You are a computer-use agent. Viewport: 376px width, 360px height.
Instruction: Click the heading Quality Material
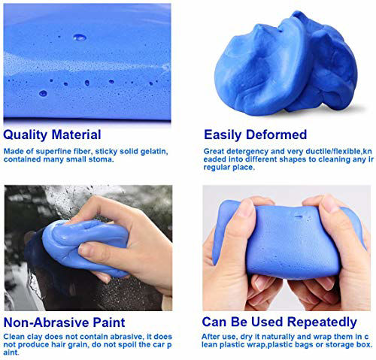[x=52, y=135]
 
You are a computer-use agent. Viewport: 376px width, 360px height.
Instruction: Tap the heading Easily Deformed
[x=255, y=135]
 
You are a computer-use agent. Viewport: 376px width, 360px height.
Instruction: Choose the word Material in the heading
[x=74, y=135]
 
